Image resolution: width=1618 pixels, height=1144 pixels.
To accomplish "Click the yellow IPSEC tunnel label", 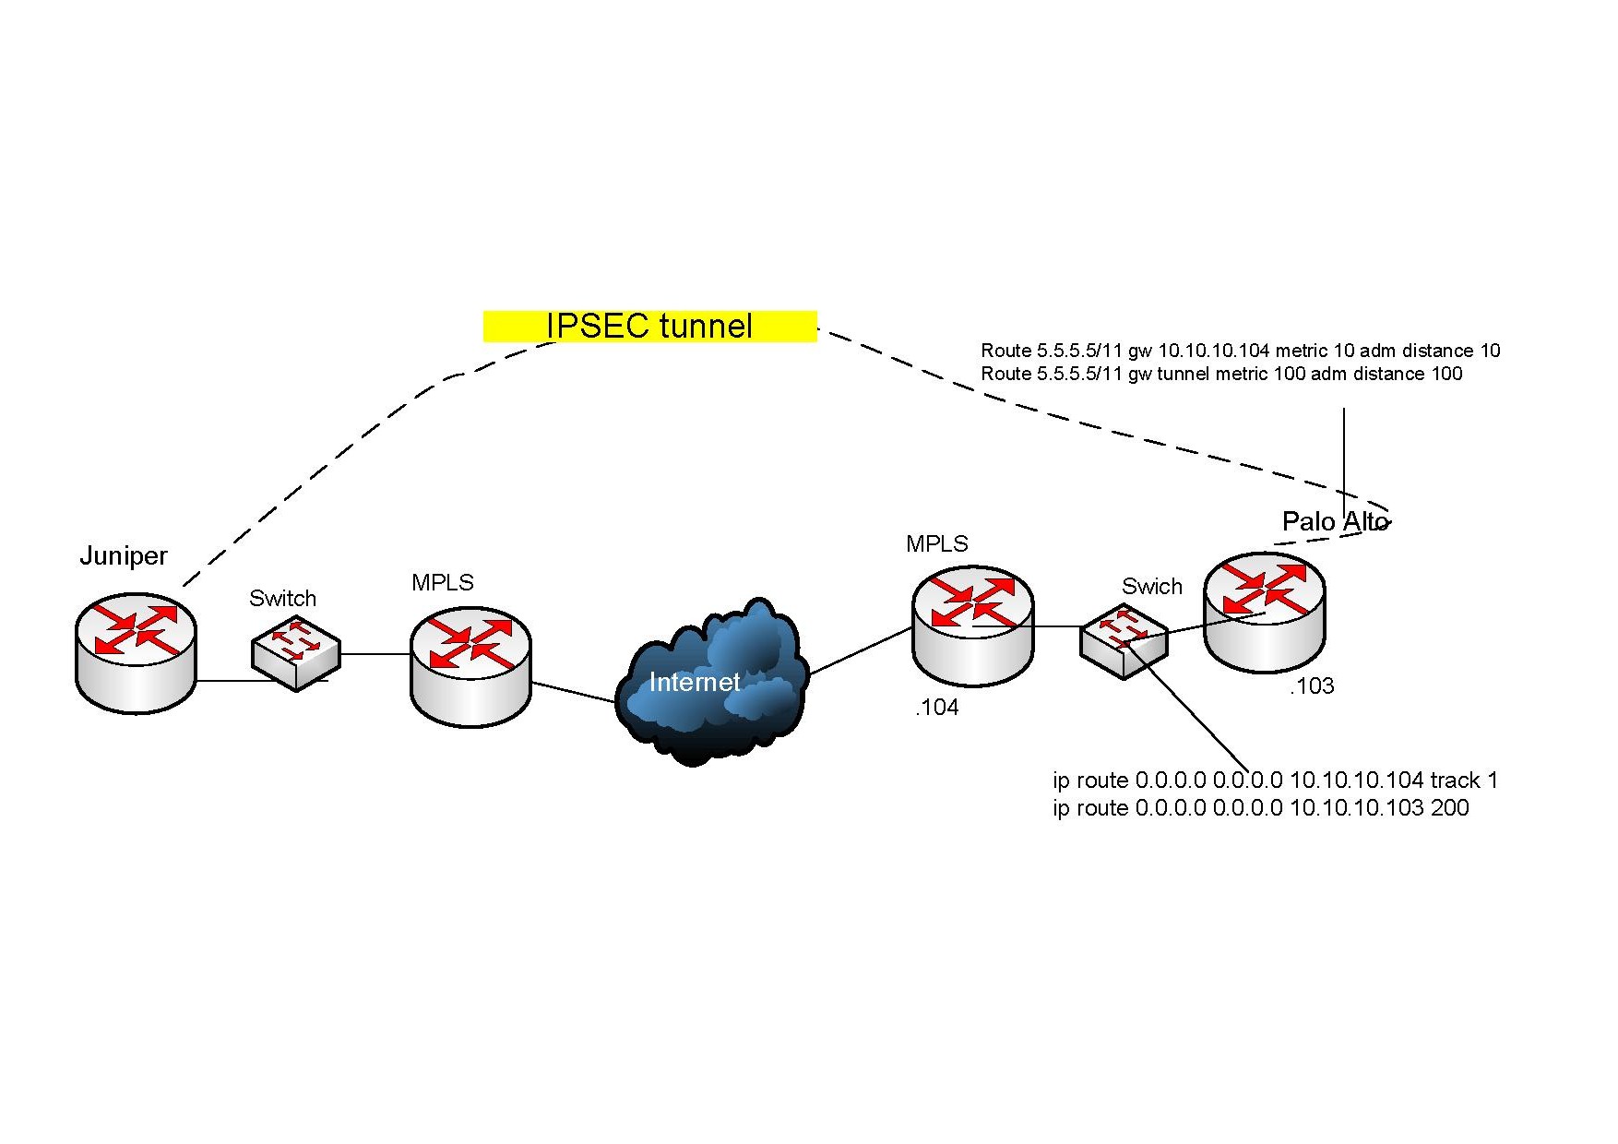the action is coord(649,326).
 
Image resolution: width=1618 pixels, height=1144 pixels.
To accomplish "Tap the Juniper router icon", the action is coord(136,652).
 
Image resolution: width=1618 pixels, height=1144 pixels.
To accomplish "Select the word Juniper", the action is coord(124,555).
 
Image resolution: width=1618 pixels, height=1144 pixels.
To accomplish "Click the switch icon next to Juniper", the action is coord(296,653).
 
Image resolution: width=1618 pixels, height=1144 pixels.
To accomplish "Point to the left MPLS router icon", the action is coord(470,666).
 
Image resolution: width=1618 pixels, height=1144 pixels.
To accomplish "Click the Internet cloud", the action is coord(709,683).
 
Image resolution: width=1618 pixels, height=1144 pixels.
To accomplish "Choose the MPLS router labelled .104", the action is coord(973,626).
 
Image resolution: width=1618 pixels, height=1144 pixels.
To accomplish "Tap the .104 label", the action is coord(936,708).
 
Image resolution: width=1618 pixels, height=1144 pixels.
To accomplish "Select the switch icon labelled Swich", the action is coord(1124,641).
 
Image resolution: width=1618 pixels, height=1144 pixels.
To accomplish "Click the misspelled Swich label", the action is coord(1151,586).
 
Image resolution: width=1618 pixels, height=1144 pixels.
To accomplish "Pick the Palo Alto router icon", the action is coord(1265,613).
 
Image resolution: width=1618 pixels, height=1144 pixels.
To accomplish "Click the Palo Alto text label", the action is coord(1335,521).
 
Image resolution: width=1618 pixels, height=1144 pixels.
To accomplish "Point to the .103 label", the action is coord(1312,685).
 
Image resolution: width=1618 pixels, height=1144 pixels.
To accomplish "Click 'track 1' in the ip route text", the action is coord(1464,781).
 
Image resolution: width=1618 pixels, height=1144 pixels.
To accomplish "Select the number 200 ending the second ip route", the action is coord(1449,808).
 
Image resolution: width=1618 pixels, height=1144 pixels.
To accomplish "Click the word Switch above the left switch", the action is coord(282,598).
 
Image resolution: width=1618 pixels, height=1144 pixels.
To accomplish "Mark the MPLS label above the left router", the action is coord(443,582).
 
